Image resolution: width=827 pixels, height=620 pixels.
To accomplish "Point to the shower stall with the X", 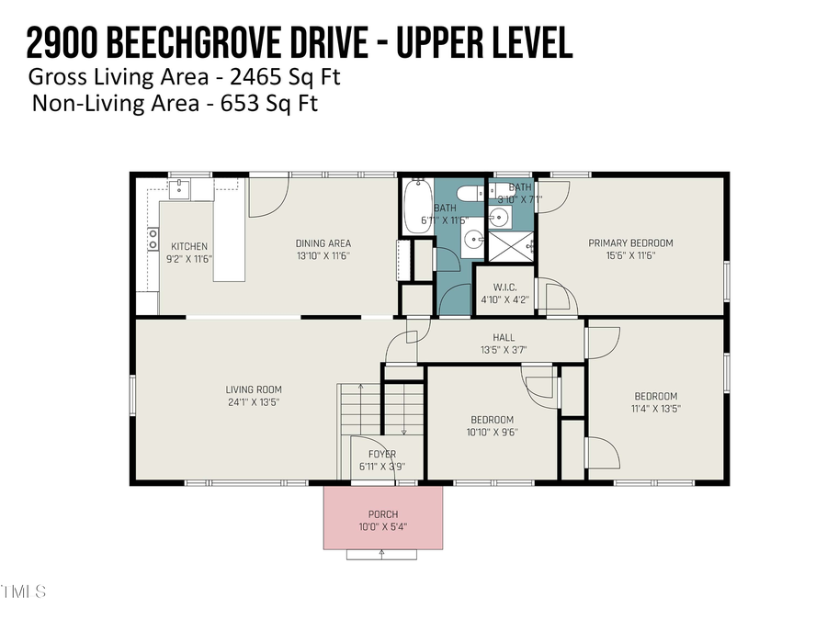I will (510, 245).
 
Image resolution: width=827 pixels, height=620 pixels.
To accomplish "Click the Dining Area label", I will (323, 243).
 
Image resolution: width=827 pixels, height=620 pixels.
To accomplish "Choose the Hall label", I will (503, 337).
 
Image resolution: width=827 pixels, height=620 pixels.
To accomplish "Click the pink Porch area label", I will (382, 513).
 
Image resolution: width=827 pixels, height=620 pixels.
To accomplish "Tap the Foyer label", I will (382, 455).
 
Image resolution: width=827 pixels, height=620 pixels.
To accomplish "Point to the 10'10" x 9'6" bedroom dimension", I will (492, 434).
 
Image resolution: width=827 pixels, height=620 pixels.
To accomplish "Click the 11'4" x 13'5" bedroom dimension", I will (655, 410).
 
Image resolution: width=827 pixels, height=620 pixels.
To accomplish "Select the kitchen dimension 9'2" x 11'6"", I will (189, 260).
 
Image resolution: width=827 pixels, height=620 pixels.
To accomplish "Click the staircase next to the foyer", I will (381, 410).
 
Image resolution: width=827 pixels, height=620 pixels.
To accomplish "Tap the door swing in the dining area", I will (266, 196).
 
